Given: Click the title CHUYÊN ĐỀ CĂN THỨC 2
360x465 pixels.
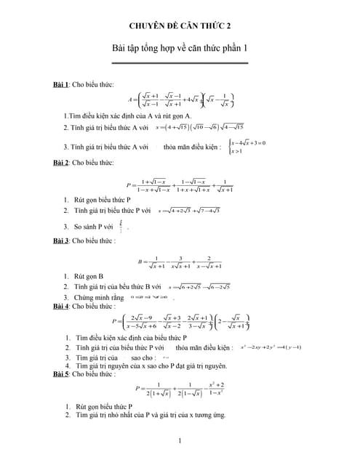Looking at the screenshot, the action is click(180, 25).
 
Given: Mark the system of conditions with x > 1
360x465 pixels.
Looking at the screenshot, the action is click(248, 147).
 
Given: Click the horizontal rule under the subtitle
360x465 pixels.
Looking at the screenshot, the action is click(180, 62).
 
